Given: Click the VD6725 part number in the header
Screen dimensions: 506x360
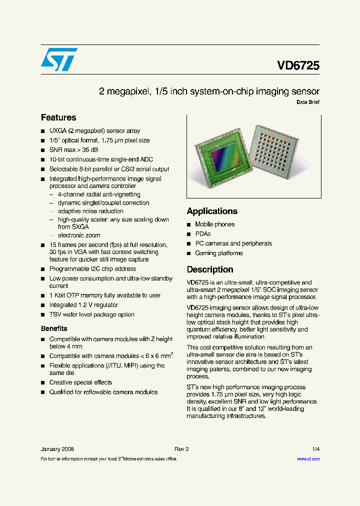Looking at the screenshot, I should (298, 65).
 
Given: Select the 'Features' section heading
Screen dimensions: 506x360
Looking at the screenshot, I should (58, 117).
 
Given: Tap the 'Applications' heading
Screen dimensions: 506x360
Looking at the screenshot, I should (212, 211).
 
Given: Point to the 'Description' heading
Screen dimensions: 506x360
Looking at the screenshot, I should (210, 269).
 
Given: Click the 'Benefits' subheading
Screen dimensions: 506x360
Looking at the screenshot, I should (54, 328).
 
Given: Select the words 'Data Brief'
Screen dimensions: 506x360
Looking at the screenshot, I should (308, 102).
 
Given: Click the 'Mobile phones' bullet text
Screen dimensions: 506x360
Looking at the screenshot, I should (214, 224).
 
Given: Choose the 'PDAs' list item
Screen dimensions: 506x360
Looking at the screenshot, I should (203, 234).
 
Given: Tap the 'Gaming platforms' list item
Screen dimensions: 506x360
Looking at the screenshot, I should (219, 253).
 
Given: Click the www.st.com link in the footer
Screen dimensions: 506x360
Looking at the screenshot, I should (308, 459).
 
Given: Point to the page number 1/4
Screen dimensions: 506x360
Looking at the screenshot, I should (315, 449).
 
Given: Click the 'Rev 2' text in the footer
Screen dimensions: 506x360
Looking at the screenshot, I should (181, 449).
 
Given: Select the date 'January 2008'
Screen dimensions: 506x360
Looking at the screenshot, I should (57, 449).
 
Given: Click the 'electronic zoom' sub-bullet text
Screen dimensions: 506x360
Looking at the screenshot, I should (79, 235).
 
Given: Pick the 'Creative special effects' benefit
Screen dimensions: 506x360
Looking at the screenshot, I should (80, 382).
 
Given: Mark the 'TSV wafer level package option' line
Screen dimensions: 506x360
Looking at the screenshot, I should (91, 314).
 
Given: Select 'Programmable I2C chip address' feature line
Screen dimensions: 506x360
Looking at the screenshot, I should (92, 269).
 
